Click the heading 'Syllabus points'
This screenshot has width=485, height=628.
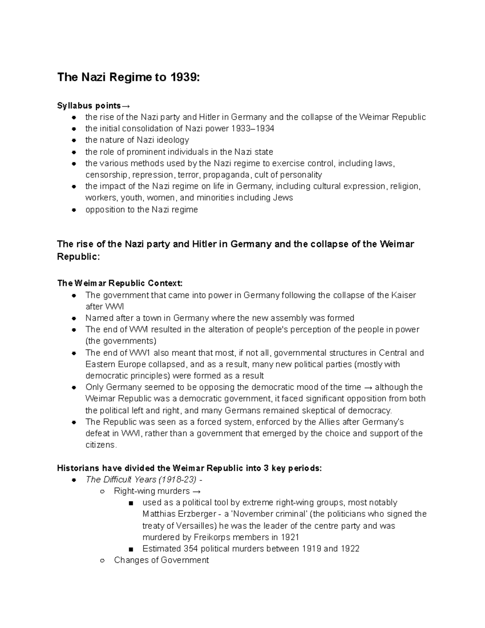89,106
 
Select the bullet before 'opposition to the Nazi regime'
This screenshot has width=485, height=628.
74,210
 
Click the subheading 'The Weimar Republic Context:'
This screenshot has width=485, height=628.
120,283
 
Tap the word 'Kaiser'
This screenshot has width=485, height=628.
403,295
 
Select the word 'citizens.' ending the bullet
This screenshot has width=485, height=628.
101,445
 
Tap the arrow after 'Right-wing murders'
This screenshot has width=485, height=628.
196,491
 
